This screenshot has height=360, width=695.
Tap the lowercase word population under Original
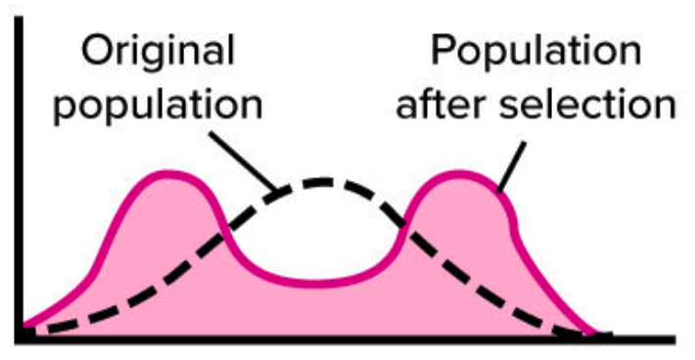pyautogui.click(x=158, y=106)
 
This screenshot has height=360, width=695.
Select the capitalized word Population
pyautogui.click(x=535, y=52)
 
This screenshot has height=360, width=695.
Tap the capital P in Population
pyautogui.click(x=443, y=50)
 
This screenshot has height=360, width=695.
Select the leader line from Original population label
pyautogui.click(x=243, y=162)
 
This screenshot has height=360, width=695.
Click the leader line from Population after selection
pyautogui.click(x=512, y=167)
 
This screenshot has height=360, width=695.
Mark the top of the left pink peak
pyautogui.click(x=167, y=173)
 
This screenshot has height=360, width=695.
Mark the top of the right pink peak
pyautogui.click(x=459, y=173)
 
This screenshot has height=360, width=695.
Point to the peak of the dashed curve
pyautogui.click(x=323, y=182)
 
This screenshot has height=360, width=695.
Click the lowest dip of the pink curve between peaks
pyautogui.click(x=315, y=284)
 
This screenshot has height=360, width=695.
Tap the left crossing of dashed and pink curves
pyautogui.click(x=224, y=233)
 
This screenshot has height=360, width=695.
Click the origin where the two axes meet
pyautogui.click(x=20, y=339)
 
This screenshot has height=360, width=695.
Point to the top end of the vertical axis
pyautogui.click(x=20, y=18)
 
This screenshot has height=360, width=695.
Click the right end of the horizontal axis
pyautogui.click(x=674, y=339)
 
